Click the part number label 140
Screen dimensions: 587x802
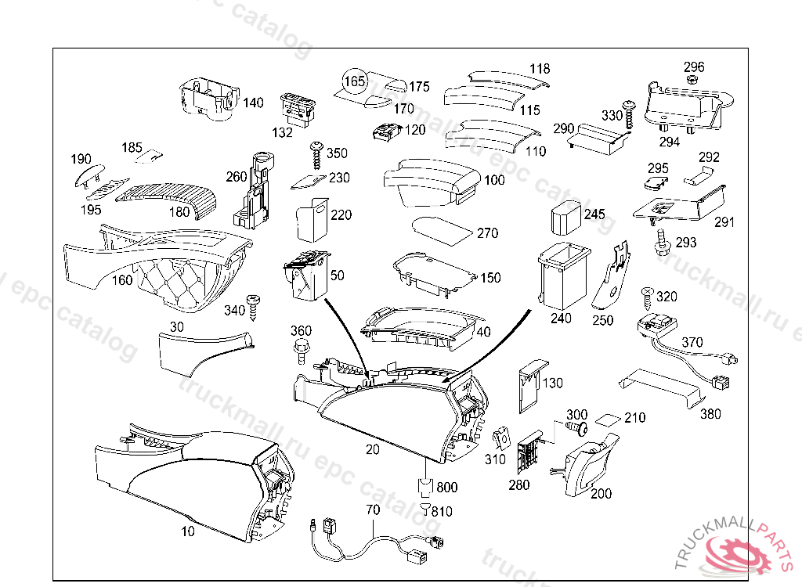click(x=253, y=103)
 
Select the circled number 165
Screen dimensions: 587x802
click(x=355, y=81)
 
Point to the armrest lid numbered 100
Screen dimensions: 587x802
click(x=431, y=182)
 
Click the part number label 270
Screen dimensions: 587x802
click(x=487, y=233)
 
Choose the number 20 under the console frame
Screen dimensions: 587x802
click(x=372, y=449)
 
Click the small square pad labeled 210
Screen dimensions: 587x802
click(x=609, y=419)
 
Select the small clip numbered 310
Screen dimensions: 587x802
click(x=502, y=438)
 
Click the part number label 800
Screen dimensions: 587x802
click(x=447, y=488)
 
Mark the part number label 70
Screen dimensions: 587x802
click(x=373, y=510)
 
